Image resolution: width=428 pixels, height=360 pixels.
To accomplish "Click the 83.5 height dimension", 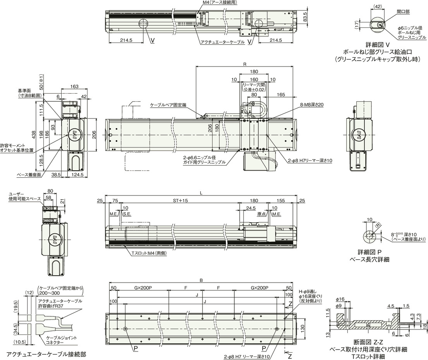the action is (x=305, y=17).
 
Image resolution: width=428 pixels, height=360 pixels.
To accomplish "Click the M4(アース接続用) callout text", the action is (x=220, y=2).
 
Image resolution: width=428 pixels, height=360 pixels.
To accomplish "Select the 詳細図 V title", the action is (x=378, y=45).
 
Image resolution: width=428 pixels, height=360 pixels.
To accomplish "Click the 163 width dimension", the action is (x=74, y=86).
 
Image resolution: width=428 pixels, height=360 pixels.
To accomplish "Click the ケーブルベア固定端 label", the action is (x=168, y=105).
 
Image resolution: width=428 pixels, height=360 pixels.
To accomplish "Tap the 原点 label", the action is (x=261, y=214).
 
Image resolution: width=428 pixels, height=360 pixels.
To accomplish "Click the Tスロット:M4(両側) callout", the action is (x=149, y=253).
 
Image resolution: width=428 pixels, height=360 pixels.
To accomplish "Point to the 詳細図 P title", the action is (x=369, y=252).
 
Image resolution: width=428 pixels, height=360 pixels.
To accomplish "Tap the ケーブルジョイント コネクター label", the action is (x=58, y=340).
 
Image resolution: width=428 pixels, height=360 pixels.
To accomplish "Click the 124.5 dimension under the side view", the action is (x=77, y=175).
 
